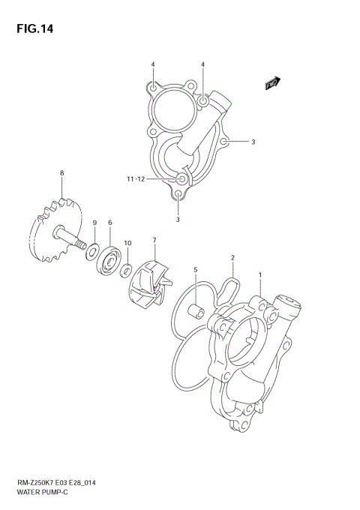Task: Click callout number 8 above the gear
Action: (x=62, y=174)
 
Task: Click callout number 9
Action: (x=94, y=223)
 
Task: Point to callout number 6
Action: (x=110, y=223)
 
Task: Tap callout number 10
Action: (x=127, y=243)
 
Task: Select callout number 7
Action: (x=154, y=240)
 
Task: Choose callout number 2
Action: (x=233, y=258)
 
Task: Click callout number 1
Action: (x=260, y=275)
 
